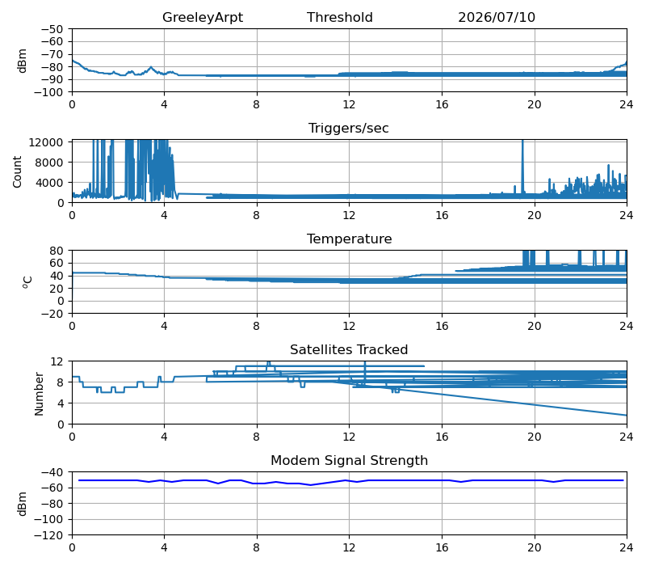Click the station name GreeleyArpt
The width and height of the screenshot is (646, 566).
(x=203, y=17)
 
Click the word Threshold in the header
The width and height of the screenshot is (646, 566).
(x=339, y=17)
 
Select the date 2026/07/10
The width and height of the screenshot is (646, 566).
(x=497, y=17)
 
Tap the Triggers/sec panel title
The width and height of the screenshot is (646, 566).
(x=349, y=128)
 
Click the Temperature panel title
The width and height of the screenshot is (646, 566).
(x=350, y=239)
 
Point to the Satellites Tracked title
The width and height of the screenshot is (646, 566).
(x=349, y=349)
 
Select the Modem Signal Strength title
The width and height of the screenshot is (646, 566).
(x=350, y=460)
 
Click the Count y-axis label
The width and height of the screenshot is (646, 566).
(x=17, y=171)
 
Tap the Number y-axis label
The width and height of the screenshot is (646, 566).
(x=39, y=394)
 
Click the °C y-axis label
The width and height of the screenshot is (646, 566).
(x=27, y=281)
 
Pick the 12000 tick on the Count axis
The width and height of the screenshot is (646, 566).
(x=46, y=142)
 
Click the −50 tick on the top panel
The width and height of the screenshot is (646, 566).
(x=52, y=29)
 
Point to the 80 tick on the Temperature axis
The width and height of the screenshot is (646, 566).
(x=57, y=251)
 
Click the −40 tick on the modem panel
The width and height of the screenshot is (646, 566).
(x=52, y=472)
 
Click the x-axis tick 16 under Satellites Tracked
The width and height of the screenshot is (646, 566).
(x=442, y=437)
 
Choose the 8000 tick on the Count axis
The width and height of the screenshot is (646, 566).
(x=49, y=163)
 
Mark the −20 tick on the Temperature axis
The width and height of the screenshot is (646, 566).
(x=52, y=314)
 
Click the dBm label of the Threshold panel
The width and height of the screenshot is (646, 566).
(x=23, y=61)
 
